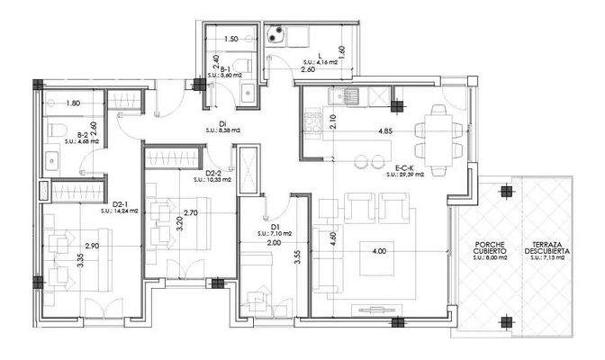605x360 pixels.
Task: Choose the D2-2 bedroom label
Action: (x=214, y=173)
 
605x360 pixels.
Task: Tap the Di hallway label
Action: (x=221, y=124)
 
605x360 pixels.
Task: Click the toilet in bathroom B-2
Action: (x=56, y=131)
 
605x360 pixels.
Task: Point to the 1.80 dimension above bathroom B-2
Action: (x=74, y=104)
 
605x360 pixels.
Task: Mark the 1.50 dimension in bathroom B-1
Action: (x=230, y=40)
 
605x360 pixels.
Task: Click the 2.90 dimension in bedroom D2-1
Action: (x=91, y=246)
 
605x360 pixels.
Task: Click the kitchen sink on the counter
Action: (x=346, y=94)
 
